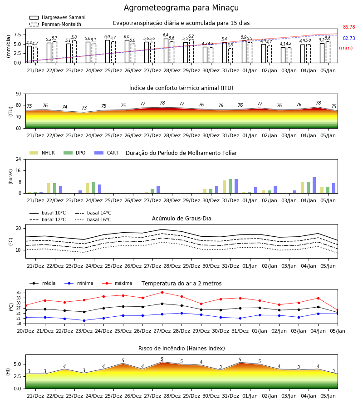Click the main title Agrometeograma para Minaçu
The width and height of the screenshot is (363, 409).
pyautogui.click(x=181, y=8)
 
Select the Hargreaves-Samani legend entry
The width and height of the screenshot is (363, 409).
pyautogui.click(x=57, y=17)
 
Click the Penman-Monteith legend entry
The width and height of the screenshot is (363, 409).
pyautogui.click(x=55, y=24)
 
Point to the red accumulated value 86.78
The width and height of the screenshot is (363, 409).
pyautogui.click(x=349, y=27)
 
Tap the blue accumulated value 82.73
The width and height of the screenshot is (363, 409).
pyautogui.click(x=349, y=38)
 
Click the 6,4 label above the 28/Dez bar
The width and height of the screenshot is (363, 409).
pyautogui.click(x=166, y=35)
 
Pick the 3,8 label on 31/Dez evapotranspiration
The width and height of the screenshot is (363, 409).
pyautogui.click(x=230, y=45)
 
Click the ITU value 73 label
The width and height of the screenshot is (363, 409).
pyautogui.click(x=84, y=108)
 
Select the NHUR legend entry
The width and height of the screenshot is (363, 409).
pyautogui.click(x=42, y=153)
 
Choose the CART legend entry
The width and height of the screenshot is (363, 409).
pyautogui.click(x=107, y=153)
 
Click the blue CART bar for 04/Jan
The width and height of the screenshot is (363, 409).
pyautogui.click(x=314, y=185)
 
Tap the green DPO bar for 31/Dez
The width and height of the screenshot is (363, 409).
pyautogui.click(x=230, y=186)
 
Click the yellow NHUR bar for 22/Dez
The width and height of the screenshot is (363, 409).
pyautogui.click(x=49, y=188)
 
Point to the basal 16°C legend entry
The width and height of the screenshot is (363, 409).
pyautogui.click(x=93, y=219)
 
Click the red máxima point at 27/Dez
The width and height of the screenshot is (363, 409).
pyautogui.click(x=162, y=292)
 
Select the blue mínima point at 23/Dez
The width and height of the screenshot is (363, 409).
pyautogui.click(x=84, y=320)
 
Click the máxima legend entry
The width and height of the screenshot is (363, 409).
pyautogui.click(x=118, y=283)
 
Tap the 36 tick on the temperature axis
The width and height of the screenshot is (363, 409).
pyautogui.click(x=19, y=293)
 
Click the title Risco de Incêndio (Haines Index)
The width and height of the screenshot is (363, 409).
pyautogui.click(x=181, y=349)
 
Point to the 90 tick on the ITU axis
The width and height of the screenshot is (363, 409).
pyautogui.click(x=19, y=94)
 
